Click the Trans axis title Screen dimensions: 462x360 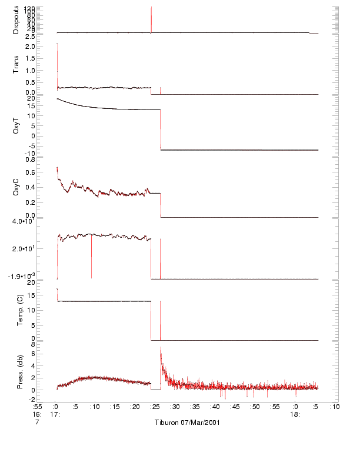point(16,65)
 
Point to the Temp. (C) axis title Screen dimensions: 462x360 point(16,310)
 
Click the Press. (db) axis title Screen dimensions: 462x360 point(16,371)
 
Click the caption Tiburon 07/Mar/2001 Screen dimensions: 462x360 point(188,423)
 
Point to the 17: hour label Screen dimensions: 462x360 point(56,414)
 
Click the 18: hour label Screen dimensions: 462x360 point(296,414)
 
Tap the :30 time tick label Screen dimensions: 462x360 point(175,406)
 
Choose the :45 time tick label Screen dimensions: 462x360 point(235,406)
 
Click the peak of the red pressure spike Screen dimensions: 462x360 point(161,348)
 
